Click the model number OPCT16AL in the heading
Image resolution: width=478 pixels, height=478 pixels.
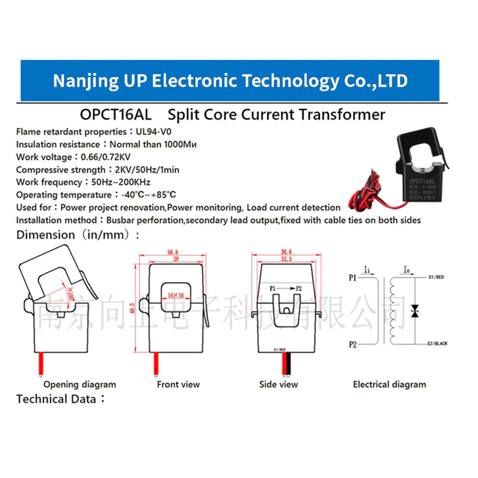pyautogui.click(x=116, y=115)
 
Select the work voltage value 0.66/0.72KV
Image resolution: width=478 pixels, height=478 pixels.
pyautogui.click(x=106, y=157)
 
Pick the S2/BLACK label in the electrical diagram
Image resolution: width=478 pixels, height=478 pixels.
pyautogui.click(x=437, y=344)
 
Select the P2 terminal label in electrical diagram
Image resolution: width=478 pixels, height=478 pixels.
pyautogui.click(x=353, y=344)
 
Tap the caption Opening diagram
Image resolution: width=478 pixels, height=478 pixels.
pyautogui.click(x=80, y=384)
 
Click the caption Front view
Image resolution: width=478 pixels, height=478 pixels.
pyautogui.click(x=178, y=384)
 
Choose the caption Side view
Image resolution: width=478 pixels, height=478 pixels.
pyautogui.click(x=279, y=384)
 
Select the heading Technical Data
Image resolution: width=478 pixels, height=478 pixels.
pyautogui.click(x=56, y=399)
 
